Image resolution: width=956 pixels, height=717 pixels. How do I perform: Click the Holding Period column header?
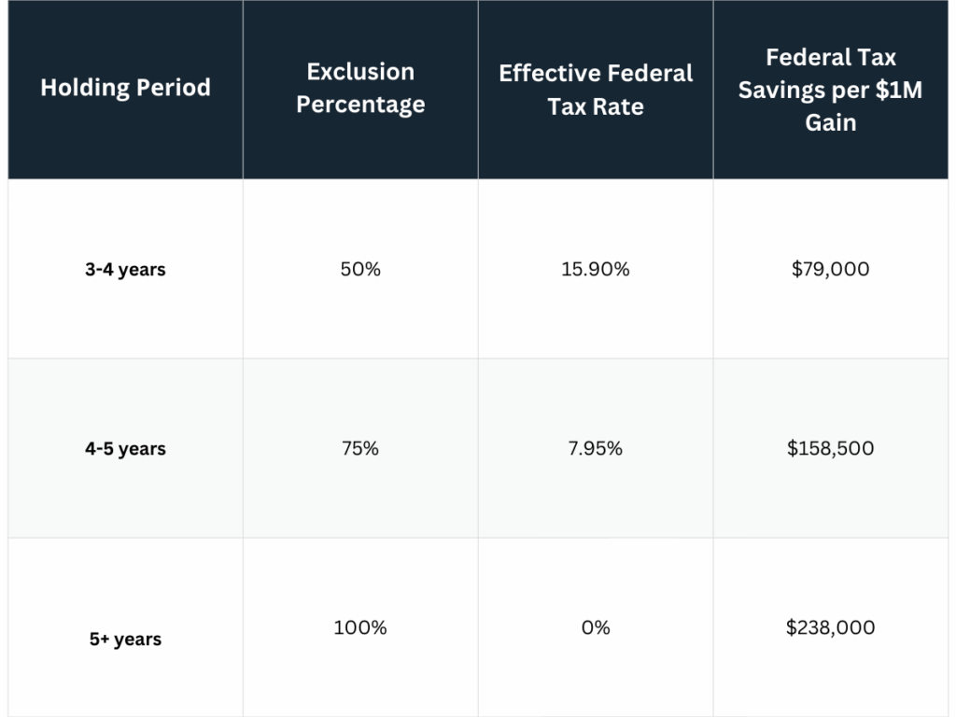125,88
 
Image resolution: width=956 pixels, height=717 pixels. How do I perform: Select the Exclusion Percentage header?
360,88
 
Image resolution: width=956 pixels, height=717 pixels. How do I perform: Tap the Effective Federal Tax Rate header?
596,90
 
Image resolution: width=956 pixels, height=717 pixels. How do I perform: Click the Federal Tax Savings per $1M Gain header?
830,89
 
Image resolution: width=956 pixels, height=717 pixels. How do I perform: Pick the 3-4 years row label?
125,270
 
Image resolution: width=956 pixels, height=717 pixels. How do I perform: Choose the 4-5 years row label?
125,449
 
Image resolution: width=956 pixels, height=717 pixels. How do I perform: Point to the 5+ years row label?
125,640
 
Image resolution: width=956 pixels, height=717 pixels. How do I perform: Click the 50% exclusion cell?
360,269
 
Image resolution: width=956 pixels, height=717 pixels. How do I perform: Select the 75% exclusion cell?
360,448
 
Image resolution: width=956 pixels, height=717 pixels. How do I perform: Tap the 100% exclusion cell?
360,627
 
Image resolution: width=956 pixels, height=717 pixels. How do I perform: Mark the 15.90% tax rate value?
596,269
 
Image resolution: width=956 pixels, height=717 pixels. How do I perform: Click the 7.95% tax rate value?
596,448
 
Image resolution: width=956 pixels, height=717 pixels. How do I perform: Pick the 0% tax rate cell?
596,627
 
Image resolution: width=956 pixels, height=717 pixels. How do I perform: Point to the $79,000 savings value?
830,269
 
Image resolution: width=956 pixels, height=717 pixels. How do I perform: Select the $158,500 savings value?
830,448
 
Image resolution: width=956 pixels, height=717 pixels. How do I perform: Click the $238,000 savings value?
830,627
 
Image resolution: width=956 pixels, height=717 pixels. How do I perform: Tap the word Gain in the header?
830,122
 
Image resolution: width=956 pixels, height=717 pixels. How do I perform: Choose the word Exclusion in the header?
360,72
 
